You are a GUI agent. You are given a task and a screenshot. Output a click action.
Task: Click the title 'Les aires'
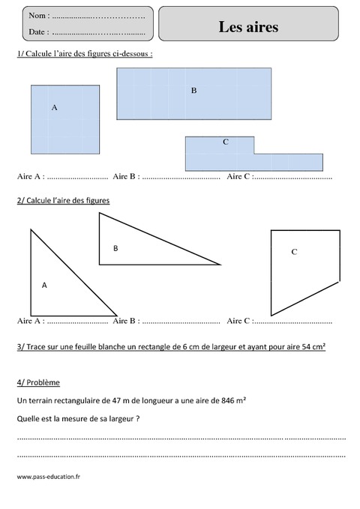248,27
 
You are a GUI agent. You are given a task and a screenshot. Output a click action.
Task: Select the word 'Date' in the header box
37,32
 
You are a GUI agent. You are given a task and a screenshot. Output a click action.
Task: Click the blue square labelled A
65,120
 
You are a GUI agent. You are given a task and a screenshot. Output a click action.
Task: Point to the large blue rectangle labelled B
193,93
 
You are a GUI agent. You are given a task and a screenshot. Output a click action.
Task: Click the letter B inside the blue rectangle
193,90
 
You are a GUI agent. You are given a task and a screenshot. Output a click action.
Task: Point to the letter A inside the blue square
54,108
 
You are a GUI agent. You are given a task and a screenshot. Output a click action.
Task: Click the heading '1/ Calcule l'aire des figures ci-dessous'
83,55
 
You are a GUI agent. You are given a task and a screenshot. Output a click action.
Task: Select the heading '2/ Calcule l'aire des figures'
63,201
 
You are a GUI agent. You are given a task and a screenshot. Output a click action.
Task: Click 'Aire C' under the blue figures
238,177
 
